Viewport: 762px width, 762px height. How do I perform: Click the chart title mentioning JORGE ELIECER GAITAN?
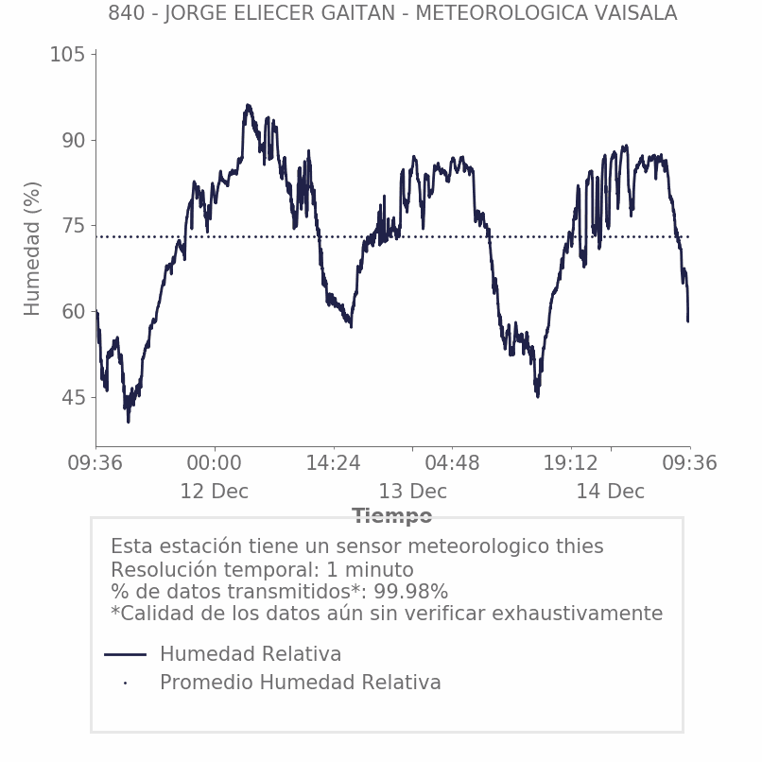pyautogui.click(x=392, y=13)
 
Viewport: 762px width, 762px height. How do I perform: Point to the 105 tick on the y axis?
pyautogui.click(x=67, y=55)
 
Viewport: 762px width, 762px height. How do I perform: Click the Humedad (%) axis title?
pyautogui.click(x=33, y=248)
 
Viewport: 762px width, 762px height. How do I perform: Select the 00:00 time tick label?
pyautogui.click(x=215, y=463)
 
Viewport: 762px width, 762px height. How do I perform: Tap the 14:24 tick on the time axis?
pyautogui.click(x=333, y=463)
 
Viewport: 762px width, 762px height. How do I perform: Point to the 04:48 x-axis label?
pyautogui.click(x=452, y=463)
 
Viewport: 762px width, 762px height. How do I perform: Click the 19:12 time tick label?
pyautogui.click(x=571, y=463)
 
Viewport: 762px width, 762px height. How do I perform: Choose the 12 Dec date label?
pyautogui.click(x=215, y=492)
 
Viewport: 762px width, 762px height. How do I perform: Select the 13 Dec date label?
pyautogui.click(x=413, y=492)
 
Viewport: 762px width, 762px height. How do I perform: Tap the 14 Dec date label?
pyautogui.click(x=611, y=492)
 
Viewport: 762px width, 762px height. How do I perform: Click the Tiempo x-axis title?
pyautogui.click(x=392, y=516)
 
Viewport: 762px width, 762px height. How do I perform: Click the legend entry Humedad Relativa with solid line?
pyautogui.click(x=251, y=654)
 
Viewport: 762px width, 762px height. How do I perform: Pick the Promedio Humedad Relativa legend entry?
pyautogui.click(x=300, y=683)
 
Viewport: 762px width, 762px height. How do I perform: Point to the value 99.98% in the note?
pyautogui.click(x=410, y=592)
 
